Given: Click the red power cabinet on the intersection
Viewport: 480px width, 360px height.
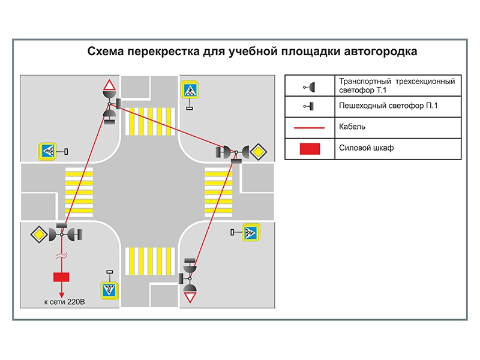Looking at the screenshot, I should tap(61, 277).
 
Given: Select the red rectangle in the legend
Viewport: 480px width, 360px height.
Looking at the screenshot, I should tap(311, 149).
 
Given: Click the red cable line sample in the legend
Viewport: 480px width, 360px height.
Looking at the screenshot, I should tap(311, 128).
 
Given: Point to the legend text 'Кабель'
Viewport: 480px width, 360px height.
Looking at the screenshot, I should tap(352, 127).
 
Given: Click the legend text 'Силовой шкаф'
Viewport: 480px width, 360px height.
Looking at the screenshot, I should tap(366, 148).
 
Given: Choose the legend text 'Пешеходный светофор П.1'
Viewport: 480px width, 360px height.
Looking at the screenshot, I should tap(391, 106).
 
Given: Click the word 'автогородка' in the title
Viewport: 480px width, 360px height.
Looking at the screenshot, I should tap(381, 52).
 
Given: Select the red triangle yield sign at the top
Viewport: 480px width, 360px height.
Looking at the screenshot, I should tap(109, 85).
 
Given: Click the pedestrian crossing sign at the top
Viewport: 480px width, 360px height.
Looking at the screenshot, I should tap(190, 91).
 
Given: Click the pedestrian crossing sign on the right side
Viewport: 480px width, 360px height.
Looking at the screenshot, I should tap(250, 232).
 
